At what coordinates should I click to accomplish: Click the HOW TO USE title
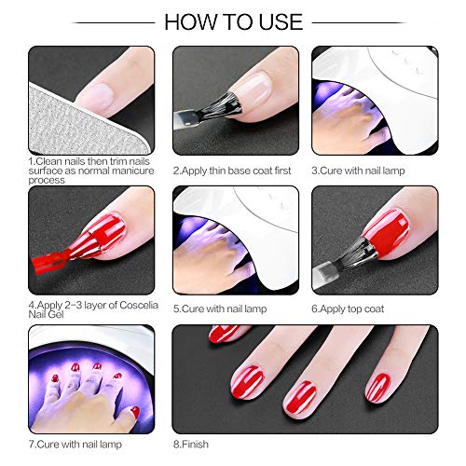coord(233,21)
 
